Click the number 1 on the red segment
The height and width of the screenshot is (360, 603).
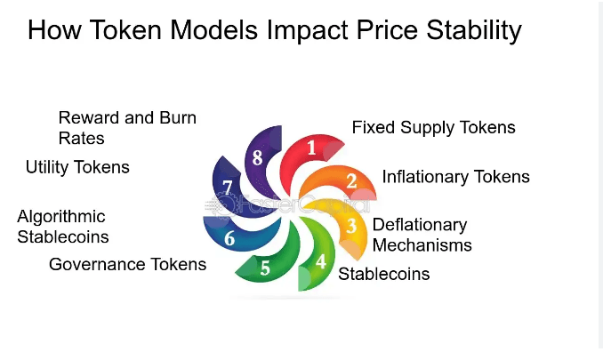click(x=311, y=148)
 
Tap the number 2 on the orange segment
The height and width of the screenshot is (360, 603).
click(x=351, y=181)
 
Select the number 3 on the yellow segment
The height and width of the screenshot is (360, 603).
click(x=352, y=226)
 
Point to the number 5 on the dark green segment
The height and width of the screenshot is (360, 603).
click(x=264, y=268)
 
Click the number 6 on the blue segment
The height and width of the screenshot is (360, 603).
click(x=229, y=238)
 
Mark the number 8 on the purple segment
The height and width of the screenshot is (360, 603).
click(x=257, y=157)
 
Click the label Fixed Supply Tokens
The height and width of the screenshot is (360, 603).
click(x=433, y=127)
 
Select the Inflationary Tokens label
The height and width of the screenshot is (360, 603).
click(x=455, y=177)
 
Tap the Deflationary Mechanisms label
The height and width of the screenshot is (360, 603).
click(x=422, y=234)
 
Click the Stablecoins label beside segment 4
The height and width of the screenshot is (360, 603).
click(x=384, y=274)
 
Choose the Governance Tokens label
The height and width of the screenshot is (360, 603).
click(x=127, y=264)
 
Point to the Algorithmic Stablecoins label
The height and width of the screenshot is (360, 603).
click(x=63, y=227)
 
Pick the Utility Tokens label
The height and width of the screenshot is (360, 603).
click(x=77, y=167)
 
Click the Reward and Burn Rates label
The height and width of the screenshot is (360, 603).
click(x=127, y=127)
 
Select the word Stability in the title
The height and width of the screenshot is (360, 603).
click(x=468, y=31)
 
